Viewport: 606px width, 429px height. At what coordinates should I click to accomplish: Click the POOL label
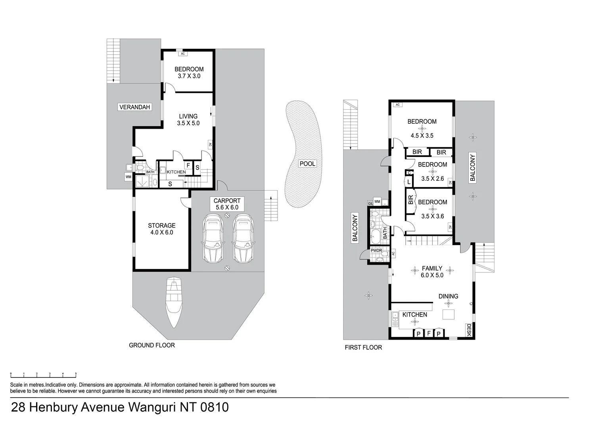tap(307, 164)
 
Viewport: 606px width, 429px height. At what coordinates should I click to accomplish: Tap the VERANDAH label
tap(135, 107)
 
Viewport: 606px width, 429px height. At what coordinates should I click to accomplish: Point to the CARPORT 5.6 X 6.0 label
tap(227, 204)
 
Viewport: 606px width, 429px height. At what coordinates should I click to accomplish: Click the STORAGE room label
tap(162, 229)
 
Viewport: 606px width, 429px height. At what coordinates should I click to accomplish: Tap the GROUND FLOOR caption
tap(152, 345)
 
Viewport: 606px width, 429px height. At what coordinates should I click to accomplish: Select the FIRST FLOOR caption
tap(363, 347)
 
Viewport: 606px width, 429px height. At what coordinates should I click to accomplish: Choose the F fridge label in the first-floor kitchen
tap(428, 333)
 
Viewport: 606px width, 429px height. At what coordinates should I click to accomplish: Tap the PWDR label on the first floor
tap(376, 251)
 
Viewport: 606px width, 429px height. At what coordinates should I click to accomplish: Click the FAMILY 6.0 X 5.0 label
tap(432, 272)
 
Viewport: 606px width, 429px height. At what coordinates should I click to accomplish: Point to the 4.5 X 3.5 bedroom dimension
tap(422, 135)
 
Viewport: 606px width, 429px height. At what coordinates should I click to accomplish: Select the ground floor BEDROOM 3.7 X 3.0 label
tap(189, 72)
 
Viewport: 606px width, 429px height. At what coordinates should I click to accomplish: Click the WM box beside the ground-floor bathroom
tap(128, 177)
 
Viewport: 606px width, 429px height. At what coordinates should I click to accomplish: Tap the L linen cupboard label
tap(408, 182)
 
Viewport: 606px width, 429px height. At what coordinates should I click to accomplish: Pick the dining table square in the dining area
tap(449, 314)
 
